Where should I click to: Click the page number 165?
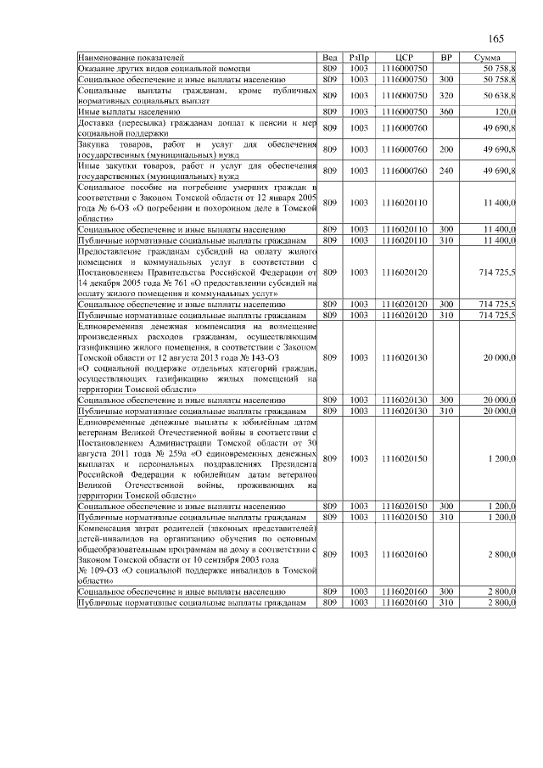(x=496, y=39)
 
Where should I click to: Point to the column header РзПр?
(x=359, y=57)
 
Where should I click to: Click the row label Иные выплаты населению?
(x=128, y=111)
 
